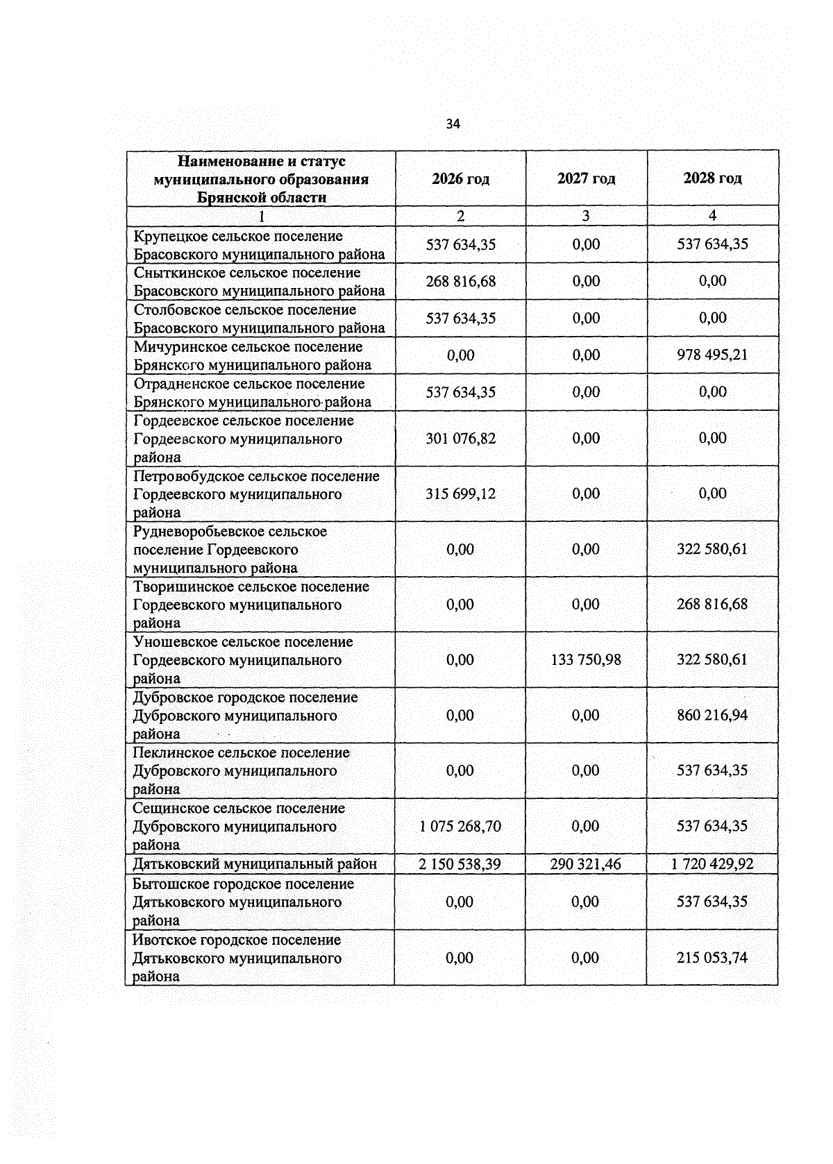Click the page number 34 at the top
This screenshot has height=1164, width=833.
click(x=453, y=124)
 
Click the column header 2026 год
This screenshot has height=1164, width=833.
click(x=460, y=179)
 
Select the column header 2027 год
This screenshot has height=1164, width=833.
click(x=586, y=178)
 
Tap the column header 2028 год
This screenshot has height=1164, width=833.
click(x=712, y=178)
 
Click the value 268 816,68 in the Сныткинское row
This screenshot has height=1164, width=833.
click(x=460, y=281)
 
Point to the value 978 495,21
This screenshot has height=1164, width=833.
click(x=712, y=355)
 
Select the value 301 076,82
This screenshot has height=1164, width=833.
click(x=460, y=438)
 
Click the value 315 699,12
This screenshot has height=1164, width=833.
click(x=460, y=494)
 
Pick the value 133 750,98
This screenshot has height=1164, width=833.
click(x=586, y=659)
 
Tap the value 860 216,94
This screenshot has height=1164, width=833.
click(x=712, y=715)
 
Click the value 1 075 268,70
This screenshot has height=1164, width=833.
click(x=460, y=826)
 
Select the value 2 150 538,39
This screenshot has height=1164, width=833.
click(x=460, y=864)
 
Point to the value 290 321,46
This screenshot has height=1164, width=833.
click(x=586, y=864)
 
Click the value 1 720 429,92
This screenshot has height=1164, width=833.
click(x=712, y=864)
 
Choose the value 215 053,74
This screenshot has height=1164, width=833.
click(x=712, y=958)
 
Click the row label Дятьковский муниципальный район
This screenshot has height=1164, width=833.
click(x=255, y=864)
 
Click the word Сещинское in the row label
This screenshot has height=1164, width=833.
click(x=170, y=808)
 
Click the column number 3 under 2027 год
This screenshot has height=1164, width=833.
click(x=586, y=216)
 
